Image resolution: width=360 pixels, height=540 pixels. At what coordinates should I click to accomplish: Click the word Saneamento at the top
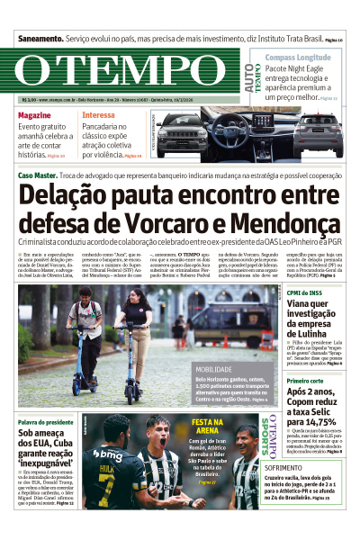[39, 40]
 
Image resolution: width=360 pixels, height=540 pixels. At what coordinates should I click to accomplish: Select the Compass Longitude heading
[297, 57]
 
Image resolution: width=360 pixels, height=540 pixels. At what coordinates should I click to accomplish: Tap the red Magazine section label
[34, 116]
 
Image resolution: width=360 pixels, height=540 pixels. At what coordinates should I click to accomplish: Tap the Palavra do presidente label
[47, 422]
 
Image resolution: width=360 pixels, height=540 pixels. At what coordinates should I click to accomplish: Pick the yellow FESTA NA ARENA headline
[207, 427]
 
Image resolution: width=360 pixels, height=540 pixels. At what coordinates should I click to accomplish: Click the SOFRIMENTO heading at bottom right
[283, 493]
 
